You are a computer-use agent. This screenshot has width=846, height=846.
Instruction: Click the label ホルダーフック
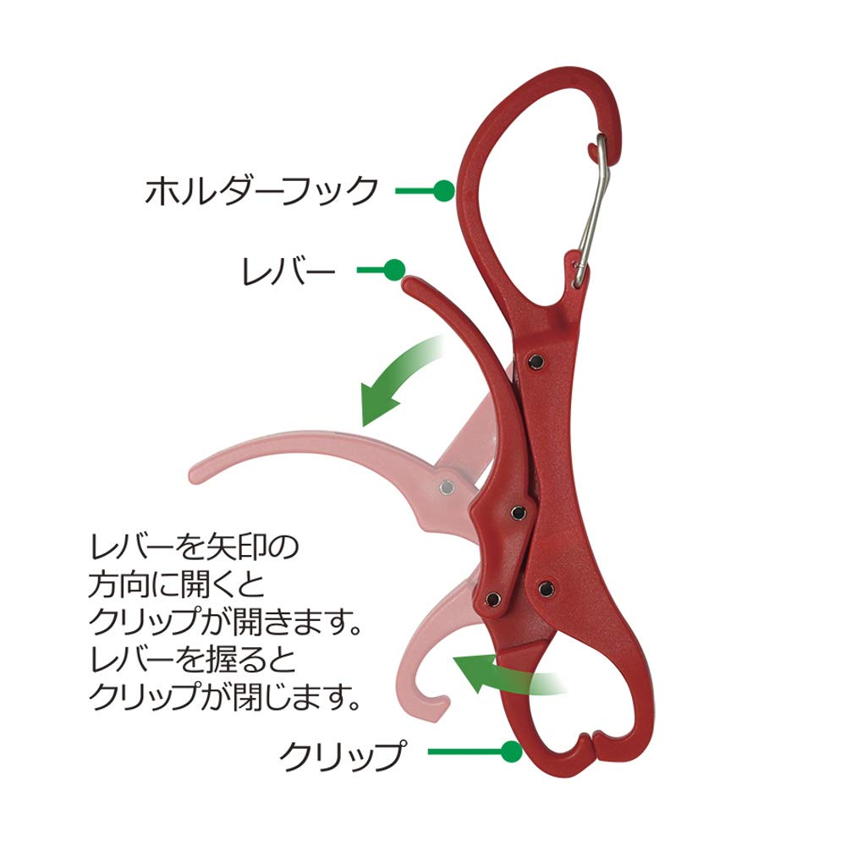tap(261, 190)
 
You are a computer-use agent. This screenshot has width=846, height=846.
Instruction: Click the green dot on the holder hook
tap(444, 190)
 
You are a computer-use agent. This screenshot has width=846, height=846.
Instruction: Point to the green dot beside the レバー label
tap(394, 269)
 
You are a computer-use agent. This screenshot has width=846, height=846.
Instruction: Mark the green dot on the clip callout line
tap(511, 751)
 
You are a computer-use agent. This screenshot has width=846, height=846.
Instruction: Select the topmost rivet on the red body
tap(536, 362)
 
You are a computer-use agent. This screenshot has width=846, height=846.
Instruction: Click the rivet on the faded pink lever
tap(447, 487)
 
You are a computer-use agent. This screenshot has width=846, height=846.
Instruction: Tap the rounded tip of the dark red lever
tap(410, 283)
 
